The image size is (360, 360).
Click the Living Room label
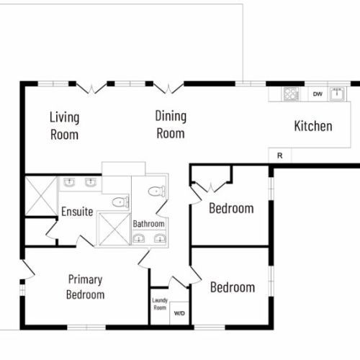[64, 125]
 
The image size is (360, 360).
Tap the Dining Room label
[171, 125]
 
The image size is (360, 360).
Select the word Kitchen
[313, 126]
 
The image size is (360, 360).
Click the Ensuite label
[76, 212]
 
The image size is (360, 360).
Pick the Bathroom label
[149, 224]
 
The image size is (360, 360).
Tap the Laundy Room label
[159, 304]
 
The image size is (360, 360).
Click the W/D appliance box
[179, 313]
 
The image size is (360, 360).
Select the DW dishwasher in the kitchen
[317, 94]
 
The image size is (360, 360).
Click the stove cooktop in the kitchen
[291, 94]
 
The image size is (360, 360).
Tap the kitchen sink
[336, 94]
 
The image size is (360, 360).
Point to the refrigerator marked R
[279, 156]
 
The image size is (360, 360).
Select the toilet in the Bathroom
[156, 192]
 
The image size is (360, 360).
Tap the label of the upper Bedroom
[231, 209]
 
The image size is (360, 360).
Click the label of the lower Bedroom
[232, 287]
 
